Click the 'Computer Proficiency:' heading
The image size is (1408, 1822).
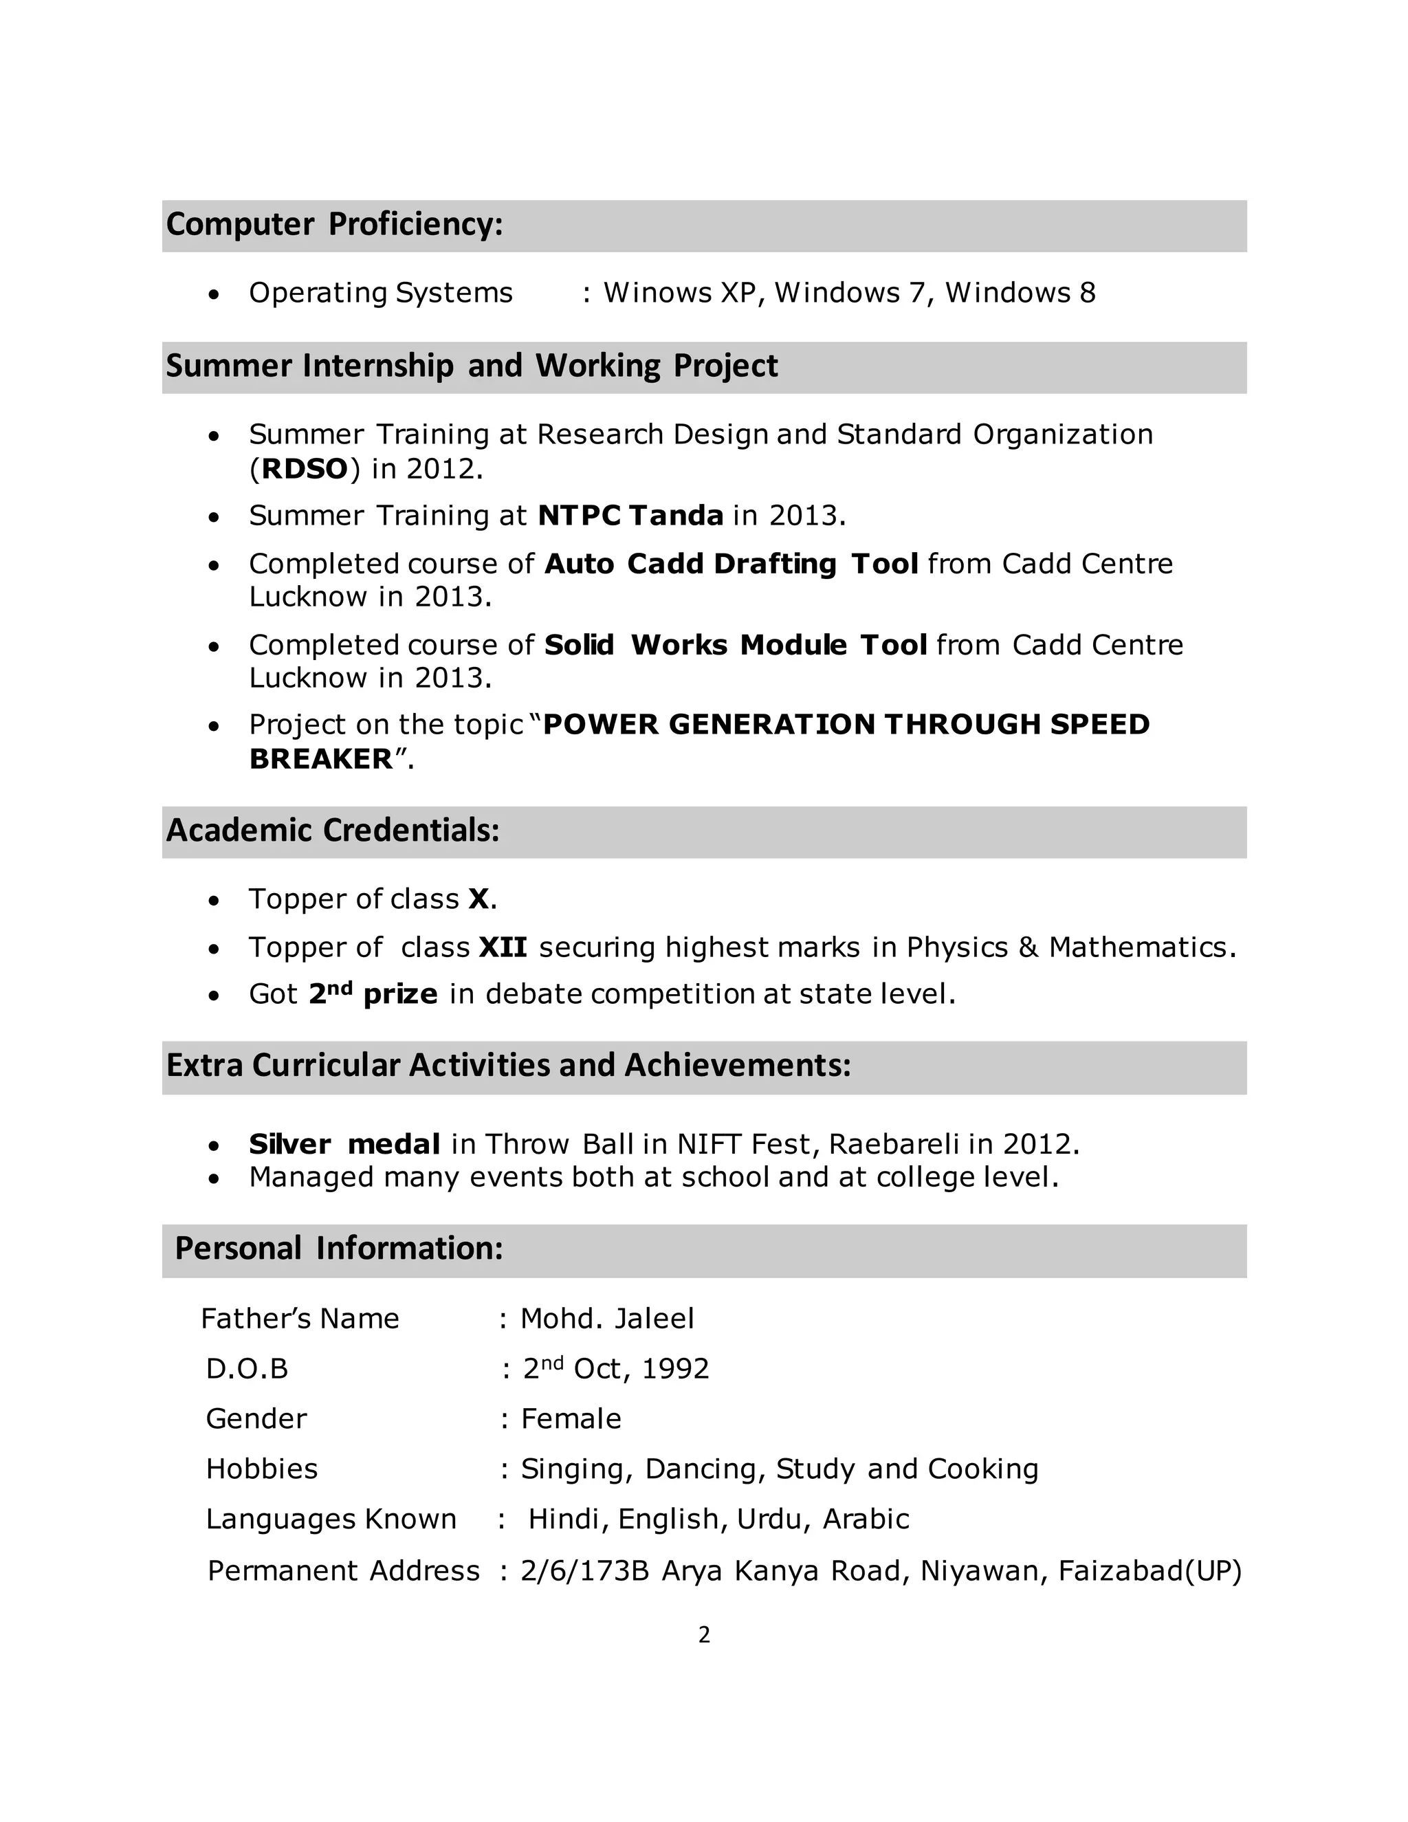[335, 224]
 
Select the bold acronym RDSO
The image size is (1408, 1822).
[305, 469]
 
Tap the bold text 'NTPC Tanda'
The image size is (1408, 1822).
[630, 516]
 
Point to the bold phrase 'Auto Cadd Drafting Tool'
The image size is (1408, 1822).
[731, 564]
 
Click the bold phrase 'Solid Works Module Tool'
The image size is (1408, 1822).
[735, 645]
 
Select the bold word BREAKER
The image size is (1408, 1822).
[320, 759]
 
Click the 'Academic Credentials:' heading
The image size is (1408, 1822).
[332, 831]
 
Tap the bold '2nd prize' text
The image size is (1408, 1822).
[373, 994]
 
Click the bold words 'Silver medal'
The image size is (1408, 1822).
[344, 1144]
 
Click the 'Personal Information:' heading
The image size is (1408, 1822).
[339, 1249]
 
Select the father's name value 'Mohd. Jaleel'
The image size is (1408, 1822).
[607, 1319]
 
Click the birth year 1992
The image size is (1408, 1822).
[676, 1369]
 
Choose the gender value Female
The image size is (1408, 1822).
[571, 1419]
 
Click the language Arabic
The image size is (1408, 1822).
[865, 1519]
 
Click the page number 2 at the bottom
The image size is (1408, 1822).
[704, 1635]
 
